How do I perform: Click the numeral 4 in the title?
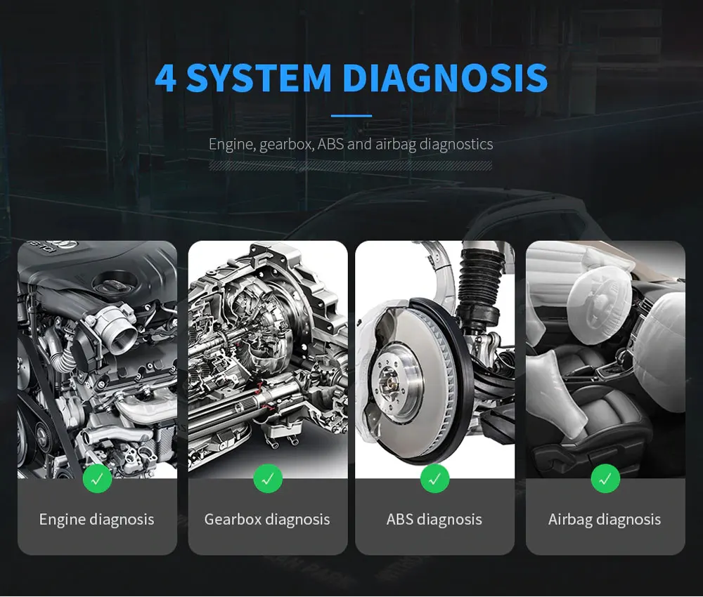[165, 77]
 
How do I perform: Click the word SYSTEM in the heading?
[259, 77]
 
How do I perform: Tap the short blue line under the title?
[351, 116]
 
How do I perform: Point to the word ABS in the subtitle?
[330, 144]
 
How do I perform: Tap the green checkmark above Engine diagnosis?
[97, 479]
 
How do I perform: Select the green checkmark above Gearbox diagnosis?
[268, 479]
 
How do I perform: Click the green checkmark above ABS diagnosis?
[434, 479]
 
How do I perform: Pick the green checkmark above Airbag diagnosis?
[605, 479]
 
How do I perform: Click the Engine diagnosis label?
[96, 520]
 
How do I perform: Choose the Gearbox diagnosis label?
[267, 520]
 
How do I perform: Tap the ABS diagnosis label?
[434, 520]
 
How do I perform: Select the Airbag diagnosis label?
[605, 520]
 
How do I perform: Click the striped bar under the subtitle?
[350, 166]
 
